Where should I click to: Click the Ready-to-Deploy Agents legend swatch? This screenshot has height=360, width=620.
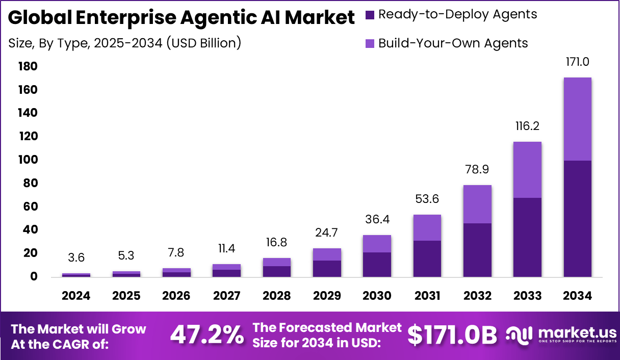370,15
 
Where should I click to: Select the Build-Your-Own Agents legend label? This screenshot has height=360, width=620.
453,43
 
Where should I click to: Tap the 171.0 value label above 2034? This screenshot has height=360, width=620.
577,62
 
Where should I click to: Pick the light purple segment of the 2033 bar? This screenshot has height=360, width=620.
527,169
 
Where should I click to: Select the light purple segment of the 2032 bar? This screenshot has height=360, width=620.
477,204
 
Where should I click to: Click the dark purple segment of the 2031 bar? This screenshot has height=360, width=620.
427,259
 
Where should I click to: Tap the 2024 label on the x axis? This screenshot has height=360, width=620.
76,296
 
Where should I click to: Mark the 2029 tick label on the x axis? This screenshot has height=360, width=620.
327,296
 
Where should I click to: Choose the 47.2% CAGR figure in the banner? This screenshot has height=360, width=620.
206,335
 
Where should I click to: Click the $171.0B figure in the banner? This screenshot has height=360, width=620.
452,335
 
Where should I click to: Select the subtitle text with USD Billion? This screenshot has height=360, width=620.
125,43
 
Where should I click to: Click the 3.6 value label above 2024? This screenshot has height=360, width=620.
76,258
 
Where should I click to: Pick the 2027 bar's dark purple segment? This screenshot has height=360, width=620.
226,273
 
